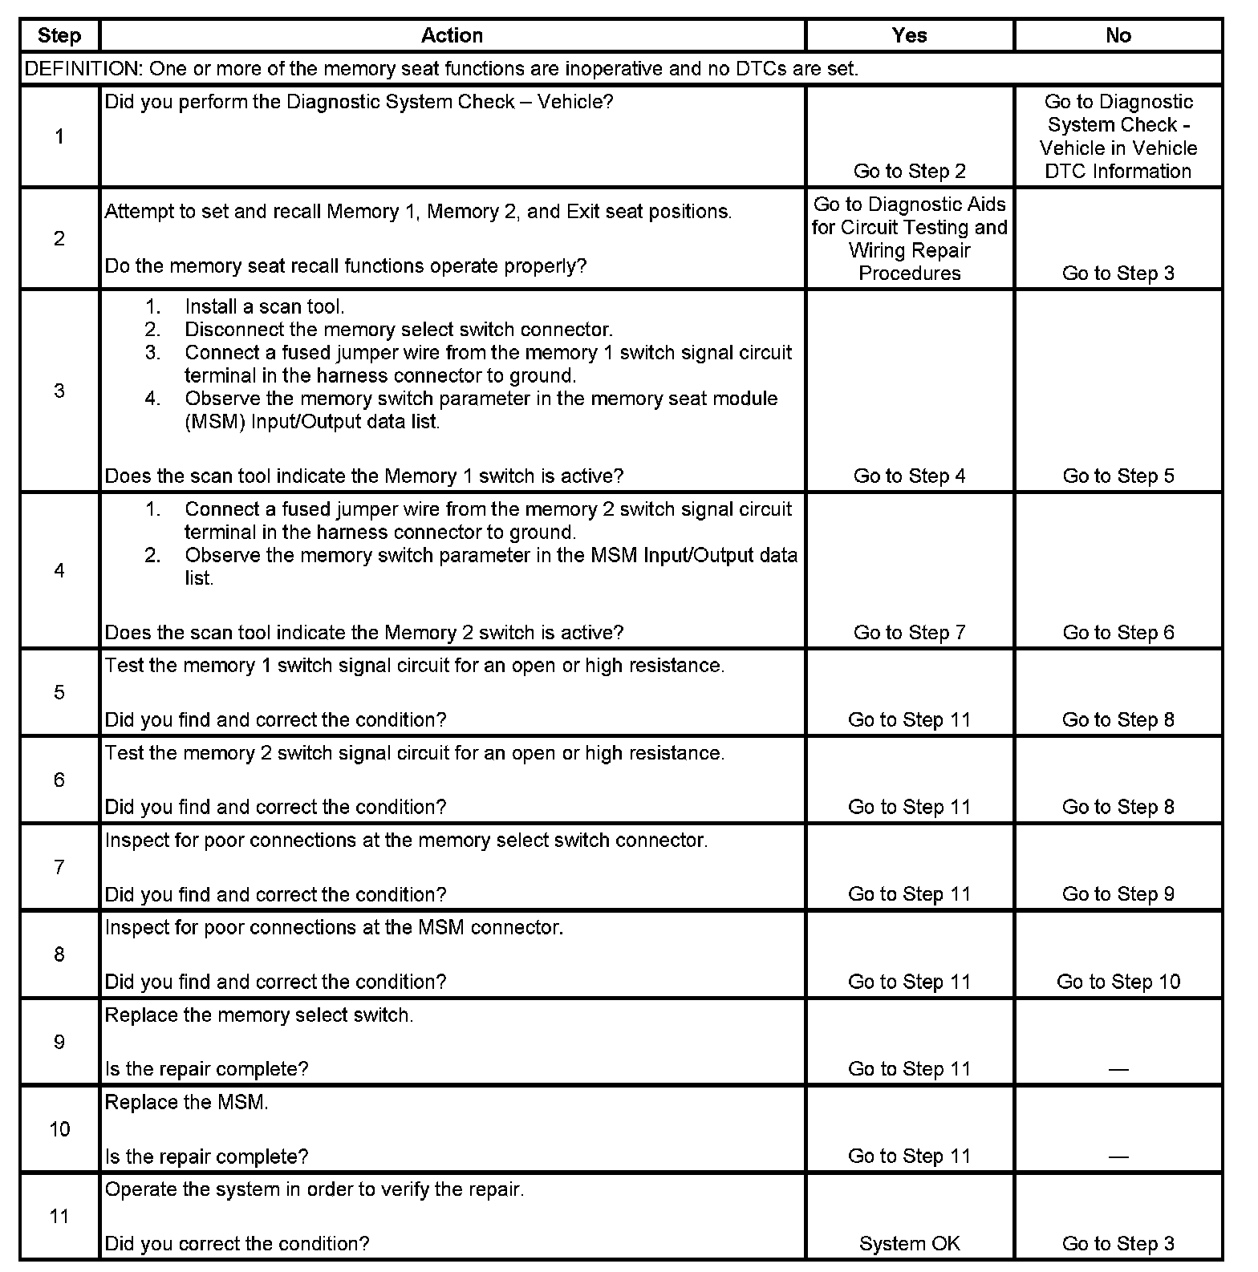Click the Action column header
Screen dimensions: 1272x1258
click(x=452, y=35)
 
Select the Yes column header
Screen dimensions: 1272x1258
click(x=909, y=35)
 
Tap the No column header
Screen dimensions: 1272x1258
click(x=1118, y=35)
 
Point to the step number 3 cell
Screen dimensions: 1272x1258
click(x=59, y=391)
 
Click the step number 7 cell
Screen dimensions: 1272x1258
click(x=59, y=867)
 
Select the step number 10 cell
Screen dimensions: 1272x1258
click(x=59, y=1129)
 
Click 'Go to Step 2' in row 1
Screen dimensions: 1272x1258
click(x=909, y=171)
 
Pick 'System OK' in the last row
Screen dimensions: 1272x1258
click(x=909, y=1244)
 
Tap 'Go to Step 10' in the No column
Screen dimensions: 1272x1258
click(x=1118, y=982)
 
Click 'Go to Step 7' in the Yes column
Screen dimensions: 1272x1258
click(x=909, y=633)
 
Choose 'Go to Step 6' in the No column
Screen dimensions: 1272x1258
click(x=1118, y=633)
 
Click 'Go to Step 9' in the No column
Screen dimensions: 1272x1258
click(x=1118, y=894)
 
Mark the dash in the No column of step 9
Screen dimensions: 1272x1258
click(x=1118, y=1070)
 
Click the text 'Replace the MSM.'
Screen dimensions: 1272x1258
click(x=186, y=1102)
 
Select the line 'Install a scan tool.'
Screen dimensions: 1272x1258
click(x=264, y=306)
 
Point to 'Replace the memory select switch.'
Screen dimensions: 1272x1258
click(x=259, y=1015)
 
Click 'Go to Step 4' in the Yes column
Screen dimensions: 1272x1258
click(x=909, y=476)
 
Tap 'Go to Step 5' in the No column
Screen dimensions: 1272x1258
click(x=1118, y=476)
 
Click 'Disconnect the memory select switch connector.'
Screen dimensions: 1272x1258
click(x=398, y=330)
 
